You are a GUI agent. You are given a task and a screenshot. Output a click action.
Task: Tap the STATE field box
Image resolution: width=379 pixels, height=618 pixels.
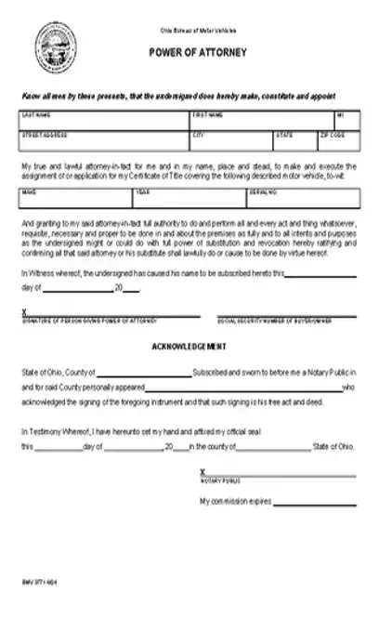tap(294, 140)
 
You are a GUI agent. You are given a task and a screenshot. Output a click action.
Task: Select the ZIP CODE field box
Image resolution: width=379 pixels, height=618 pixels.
tap(337, 140)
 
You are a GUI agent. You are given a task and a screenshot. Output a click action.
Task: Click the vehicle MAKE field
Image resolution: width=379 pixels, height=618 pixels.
tap(75, 199)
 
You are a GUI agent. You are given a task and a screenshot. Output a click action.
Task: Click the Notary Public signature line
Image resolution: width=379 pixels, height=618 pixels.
tap(279, 474)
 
